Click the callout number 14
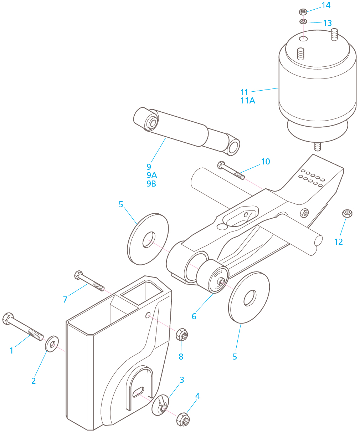pos(326,5)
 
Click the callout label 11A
pos(248,101)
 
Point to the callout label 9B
pos(151,184)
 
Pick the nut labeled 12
pos(347,213)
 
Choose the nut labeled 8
pos(182,335)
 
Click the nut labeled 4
pos(183,419)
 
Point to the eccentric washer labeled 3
pos(160,405)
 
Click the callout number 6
pos(194,316)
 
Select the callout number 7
pos(65,300)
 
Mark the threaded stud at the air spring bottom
pos(317,147)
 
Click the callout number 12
pos(338,242)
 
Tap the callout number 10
pos(266,162)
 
